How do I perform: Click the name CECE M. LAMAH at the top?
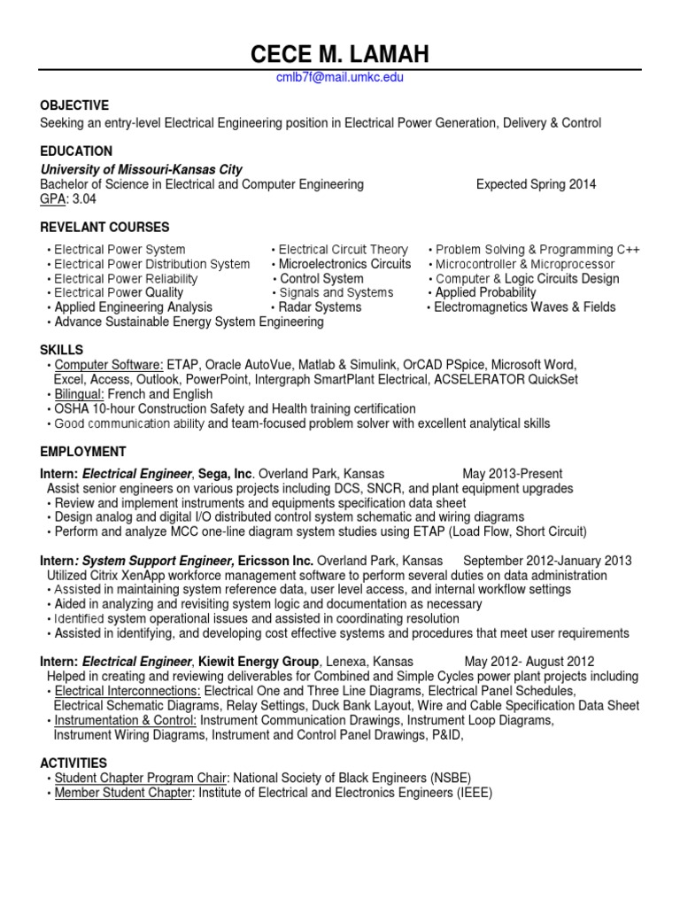coord(340,55)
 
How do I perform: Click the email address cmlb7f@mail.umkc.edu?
coord(340,78)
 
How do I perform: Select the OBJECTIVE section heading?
coord(74,105)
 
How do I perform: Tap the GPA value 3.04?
coord(87,199)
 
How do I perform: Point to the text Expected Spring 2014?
coord(536,184)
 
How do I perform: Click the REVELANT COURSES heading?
coord(104,228)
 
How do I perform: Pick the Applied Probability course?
coord(485,292)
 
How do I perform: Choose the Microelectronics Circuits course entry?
coord(344,264)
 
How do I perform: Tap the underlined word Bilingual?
coord(80,394)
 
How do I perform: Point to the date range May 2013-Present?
coord(512,474)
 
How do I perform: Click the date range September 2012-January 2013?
coord(547,561)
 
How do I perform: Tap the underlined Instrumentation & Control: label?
coord(126,720)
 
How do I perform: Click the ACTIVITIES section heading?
coord(73,763)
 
